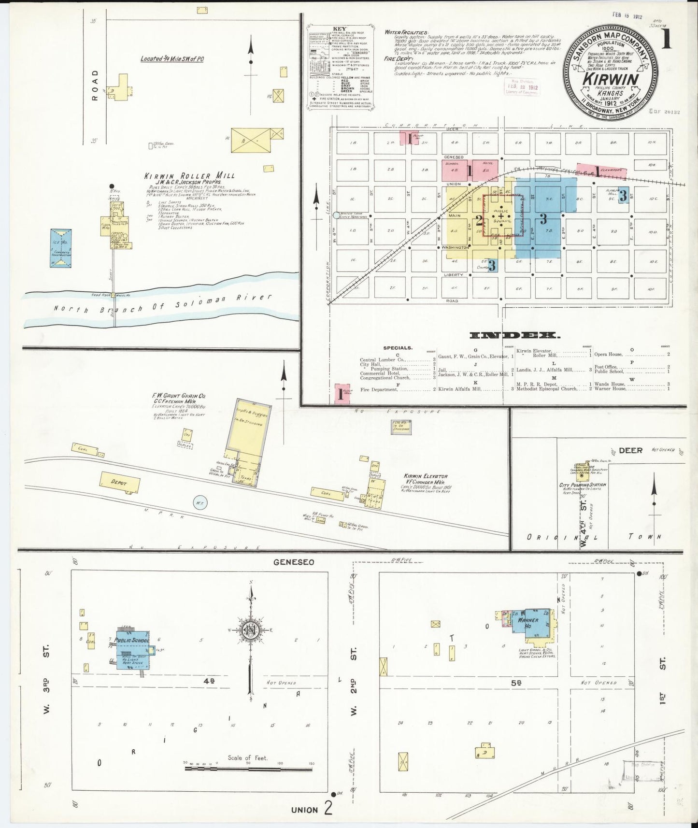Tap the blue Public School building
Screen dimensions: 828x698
[132, 649]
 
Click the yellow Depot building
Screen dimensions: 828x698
[120, 482]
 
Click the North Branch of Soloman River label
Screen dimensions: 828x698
[162, 303]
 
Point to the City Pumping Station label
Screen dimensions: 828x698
[582, 485]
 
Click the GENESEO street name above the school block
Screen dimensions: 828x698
[294, 562]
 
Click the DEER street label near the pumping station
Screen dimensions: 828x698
[630, 450]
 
